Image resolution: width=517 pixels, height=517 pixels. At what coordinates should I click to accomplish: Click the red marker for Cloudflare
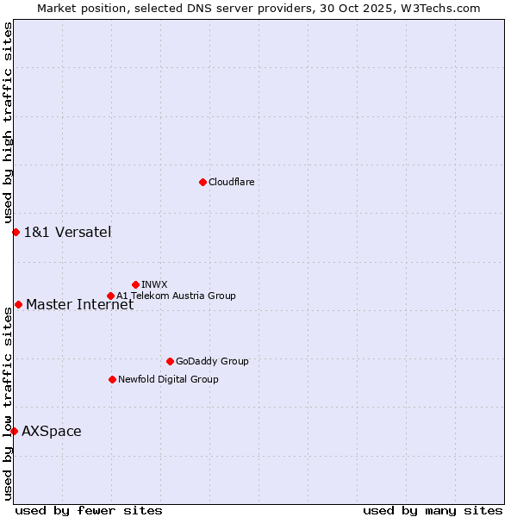pos(202,182)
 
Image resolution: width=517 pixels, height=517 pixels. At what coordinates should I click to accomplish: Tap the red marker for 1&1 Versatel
pos(16,232)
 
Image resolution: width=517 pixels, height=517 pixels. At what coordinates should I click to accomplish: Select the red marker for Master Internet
pos(18,304)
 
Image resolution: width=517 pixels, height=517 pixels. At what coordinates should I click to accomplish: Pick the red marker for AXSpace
pos(14,431)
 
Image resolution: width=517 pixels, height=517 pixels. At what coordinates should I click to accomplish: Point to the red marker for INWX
pos(135,284)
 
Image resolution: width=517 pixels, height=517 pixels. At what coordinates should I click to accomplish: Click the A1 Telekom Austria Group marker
pos(110,296)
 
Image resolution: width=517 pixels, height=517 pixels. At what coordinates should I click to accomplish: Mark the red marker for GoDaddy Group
pos(170,361)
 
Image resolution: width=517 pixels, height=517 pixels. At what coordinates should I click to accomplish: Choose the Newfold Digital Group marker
pos(112,379)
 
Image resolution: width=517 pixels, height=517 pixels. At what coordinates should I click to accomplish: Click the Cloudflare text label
pos(231,182)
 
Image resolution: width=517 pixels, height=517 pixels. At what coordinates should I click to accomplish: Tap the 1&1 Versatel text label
pos(67,232)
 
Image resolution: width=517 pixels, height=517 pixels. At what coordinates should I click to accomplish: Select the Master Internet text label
pos(79,304)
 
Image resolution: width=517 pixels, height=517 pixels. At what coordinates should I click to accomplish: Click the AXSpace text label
pos(52,431)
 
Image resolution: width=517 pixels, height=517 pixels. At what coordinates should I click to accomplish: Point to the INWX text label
pos(154,284)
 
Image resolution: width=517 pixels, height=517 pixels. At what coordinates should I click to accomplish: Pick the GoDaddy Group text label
pos(212,361)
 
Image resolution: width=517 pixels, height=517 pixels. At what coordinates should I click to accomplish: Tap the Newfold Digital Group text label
pos(168,379)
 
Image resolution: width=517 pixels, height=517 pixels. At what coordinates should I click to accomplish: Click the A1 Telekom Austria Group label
pos(176,296)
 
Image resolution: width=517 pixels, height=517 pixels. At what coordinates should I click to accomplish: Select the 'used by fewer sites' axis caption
pos(89,510)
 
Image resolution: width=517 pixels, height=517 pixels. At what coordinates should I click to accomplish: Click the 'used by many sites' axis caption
pos(433,510)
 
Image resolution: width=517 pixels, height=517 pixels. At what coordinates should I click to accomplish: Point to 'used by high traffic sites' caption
pos(8,122)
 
